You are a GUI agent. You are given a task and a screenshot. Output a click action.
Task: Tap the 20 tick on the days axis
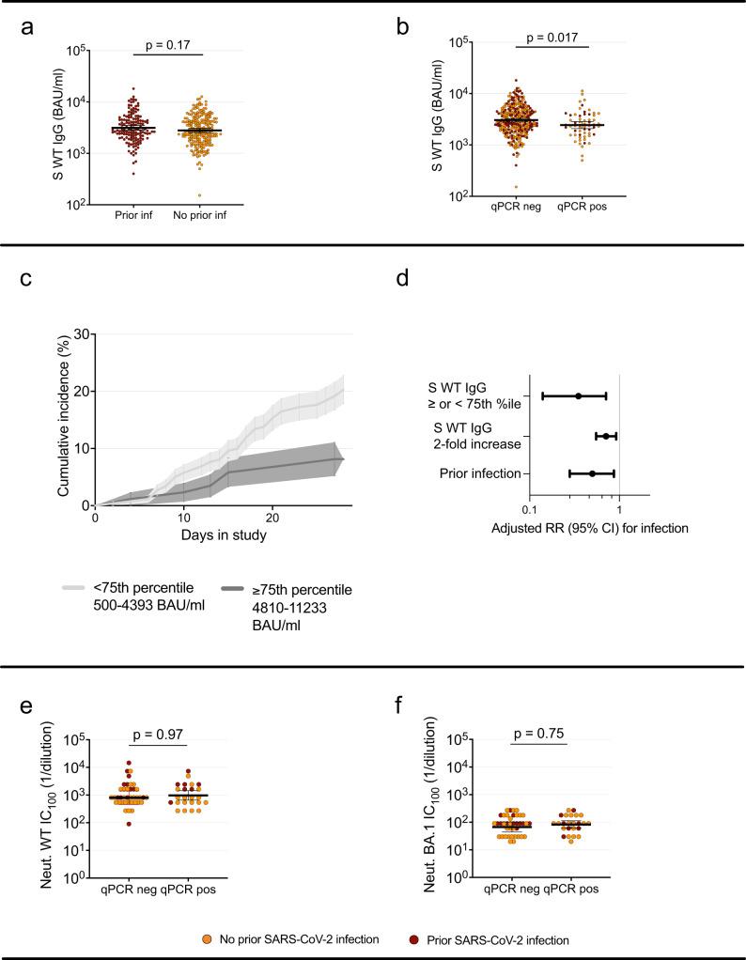[x=272, y=518]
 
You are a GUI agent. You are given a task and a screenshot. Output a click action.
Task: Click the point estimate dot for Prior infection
[x=592, y=473]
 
